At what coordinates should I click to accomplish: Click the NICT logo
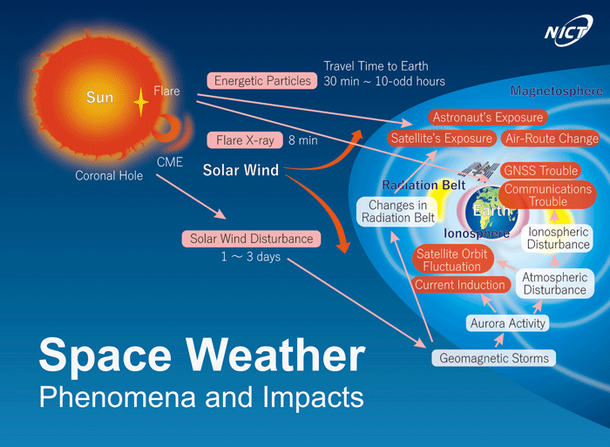coord(568,30)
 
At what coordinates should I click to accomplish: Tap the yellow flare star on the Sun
coord(140,102)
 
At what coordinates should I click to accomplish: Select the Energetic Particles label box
coord(262,80)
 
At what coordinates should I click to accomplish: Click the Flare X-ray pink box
coord(245,140)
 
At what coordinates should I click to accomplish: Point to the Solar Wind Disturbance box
coord(251,239)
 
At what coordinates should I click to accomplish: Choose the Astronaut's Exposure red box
coord(488,117)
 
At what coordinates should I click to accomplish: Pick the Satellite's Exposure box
coord(442,138)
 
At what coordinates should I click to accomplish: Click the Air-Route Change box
coord(552,139)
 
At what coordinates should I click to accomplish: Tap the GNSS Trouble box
coord(541,171)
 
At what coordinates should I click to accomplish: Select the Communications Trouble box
coord(548,195)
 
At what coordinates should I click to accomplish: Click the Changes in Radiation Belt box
coord(397,211)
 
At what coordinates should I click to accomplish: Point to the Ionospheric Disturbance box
coord(558,238)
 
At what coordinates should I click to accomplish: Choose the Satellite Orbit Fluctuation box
coord(452,260)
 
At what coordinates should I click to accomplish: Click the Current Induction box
coord(460,285)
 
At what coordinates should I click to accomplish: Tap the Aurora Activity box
coord(508,323)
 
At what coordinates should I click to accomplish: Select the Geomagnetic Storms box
coord(494,358)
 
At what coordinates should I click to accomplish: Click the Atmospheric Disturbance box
coord(555,283)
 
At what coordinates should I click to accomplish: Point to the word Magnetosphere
coord(556,91)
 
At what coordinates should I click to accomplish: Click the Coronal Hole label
coord(109,176)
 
